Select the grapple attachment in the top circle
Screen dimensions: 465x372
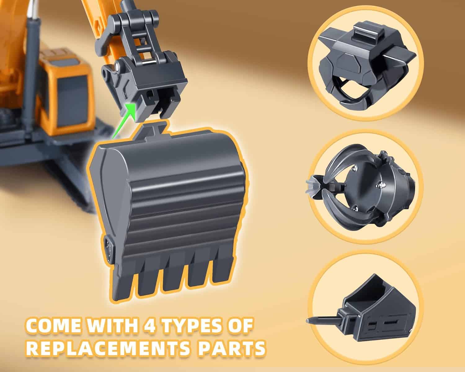point(365,67)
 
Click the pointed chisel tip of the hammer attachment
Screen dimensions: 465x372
point(309,321)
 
